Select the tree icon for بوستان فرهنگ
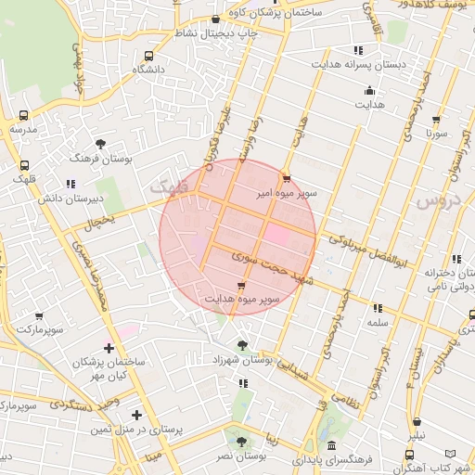[101, 144]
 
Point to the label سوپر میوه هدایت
[243, 300]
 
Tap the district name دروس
[436, 199]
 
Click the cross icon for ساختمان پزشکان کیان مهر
[109, 349]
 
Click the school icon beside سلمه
[377, 308]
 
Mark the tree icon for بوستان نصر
[241, 443]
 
